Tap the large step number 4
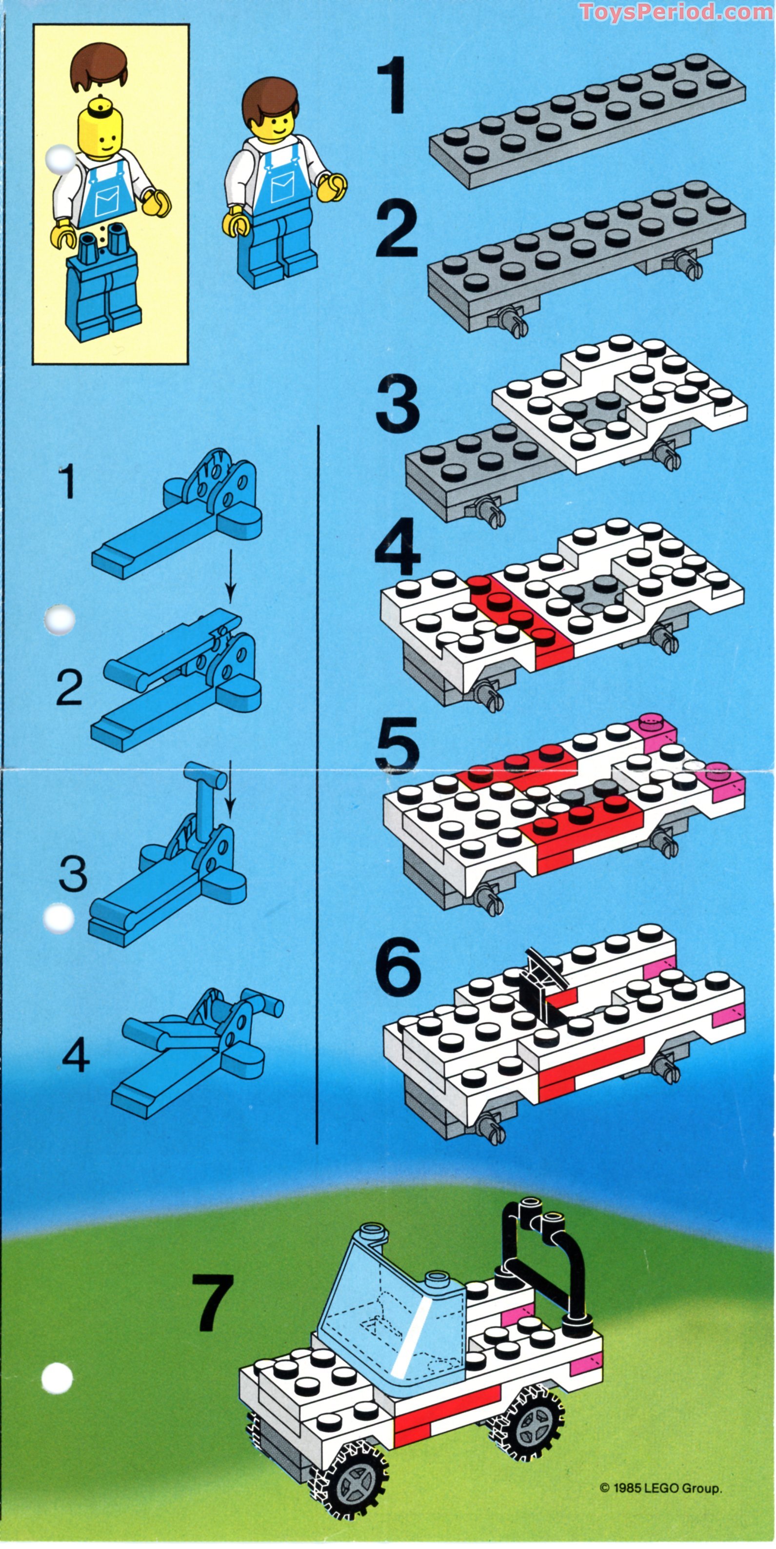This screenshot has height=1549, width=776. pos(397,547)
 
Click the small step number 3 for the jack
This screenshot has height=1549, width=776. pos(73,874)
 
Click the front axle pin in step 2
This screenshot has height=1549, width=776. pos(511,319)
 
